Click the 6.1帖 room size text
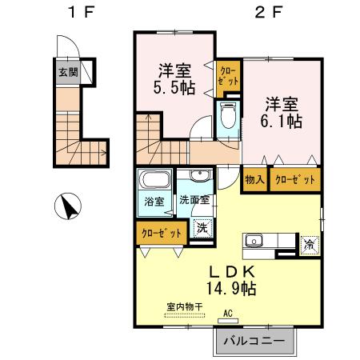tap(281, 122)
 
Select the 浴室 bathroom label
tap(154, 201)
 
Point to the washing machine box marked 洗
tap(203, 226)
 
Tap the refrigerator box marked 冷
tap(309, 243)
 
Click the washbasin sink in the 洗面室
tap(198, 178)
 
